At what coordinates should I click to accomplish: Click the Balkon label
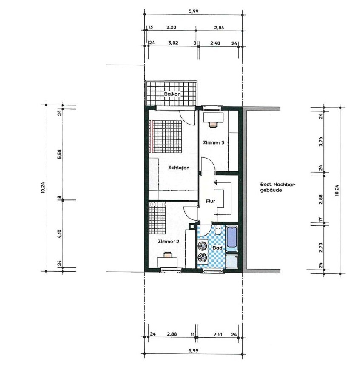tap(172, 94)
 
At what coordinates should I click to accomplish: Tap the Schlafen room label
tap(179, 168)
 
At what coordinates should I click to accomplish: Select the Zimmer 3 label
tap(214, 142)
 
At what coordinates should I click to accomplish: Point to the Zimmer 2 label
tap(169, 241)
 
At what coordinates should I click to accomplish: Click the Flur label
tap(210, 201)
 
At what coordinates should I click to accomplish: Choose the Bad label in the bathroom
tap(217, 248)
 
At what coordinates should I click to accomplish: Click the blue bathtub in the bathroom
tap(232, 238)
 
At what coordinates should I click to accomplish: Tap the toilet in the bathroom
tap(218, 229)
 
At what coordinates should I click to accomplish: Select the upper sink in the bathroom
tap(202, 246)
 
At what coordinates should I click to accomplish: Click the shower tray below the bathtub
tap(232, 261)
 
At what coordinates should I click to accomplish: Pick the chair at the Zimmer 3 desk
tap(213, 124)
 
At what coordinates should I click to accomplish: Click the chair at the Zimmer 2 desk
tap(168, 254)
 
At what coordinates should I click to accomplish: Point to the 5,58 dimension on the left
tap(60, 154)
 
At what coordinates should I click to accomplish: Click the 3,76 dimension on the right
tap(321, 141)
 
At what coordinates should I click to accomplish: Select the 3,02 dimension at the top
tap(173, 43)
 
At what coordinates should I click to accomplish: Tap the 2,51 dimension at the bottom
tap(217, 334)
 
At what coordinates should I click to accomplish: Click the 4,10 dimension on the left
tap(60, 234)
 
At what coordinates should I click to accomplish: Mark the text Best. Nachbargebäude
tap(278, 187)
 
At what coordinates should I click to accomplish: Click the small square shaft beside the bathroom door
tap(192, 226)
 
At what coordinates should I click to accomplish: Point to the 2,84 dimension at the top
tap(219, 28)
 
